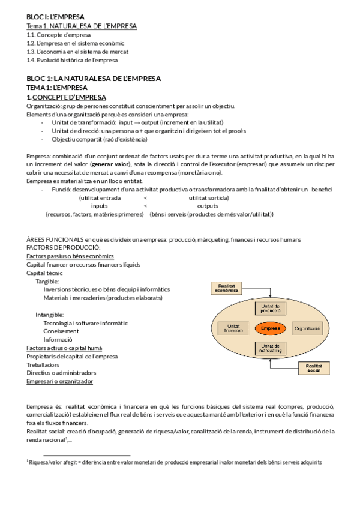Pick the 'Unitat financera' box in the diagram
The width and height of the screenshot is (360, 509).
pos(233,328)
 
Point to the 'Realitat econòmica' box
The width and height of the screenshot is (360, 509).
pos(227,288)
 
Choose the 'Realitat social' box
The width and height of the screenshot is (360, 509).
pos(314,367)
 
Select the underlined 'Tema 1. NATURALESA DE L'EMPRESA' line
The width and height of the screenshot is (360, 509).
pos(82,26)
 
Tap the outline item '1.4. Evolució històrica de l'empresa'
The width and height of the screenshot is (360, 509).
pos(72,60)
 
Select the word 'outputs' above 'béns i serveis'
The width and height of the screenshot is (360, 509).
pos(208,205)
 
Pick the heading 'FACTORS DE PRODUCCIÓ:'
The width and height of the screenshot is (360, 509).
pos(63,247)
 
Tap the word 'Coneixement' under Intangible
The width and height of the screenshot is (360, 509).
pos(61,331)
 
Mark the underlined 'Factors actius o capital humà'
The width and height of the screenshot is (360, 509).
pos(64,348)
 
